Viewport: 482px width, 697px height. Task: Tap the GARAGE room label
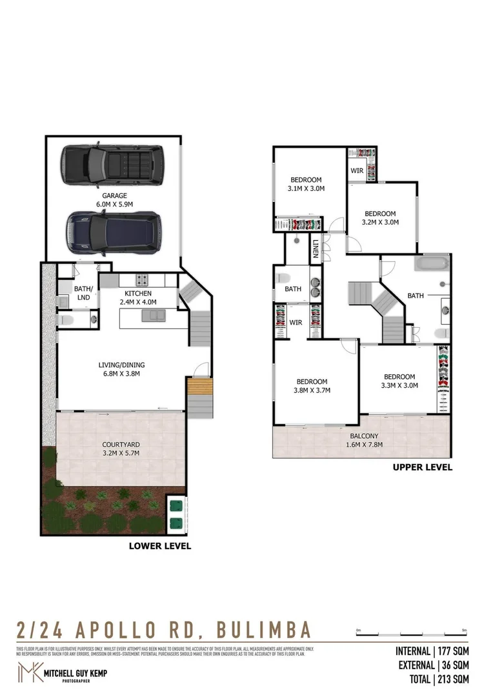pos(114,196)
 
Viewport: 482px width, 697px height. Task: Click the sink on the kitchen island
pos(152,316)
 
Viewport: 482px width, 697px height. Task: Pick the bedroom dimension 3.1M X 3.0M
pos(306,184)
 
